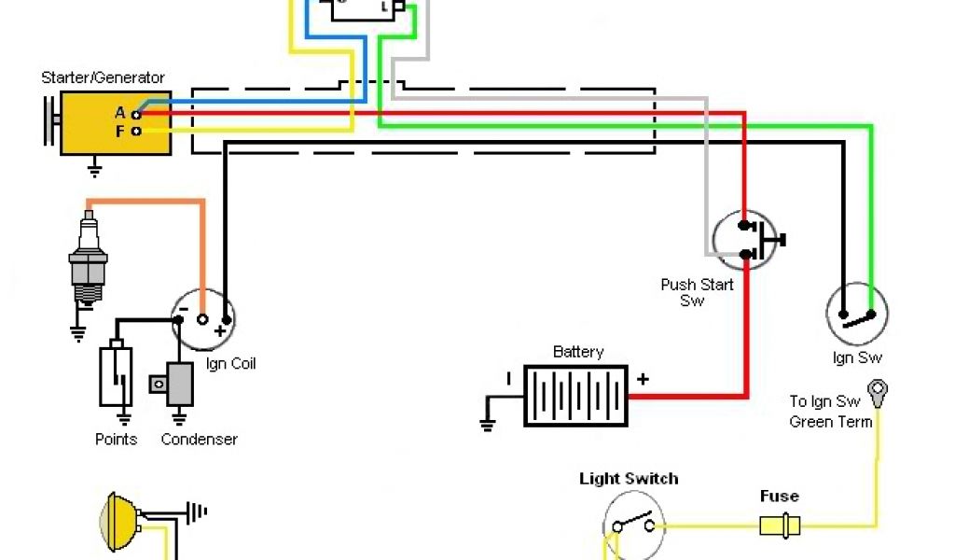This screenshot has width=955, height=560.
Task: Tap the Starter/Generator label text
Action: coord(103,77)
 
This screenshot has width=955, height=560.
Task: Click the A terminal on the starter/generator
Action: coord(136,114)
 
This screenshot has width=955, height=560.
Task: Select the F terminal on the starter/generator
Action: coord(136,132)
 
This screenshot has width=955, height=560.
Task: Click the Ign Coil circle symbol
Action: coord(202,317)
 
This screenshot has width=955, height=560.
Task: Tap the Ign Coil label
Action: coord(230,363)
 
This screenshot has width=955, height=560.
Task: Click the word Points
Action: coord(116,439)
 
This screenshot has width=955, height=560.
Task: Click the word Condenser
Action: coord(199,439)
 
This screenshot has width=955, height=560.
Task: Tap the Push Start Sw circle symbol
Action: coord(744,240)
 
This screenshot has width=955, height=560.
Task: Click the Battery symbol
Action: coord(575,396)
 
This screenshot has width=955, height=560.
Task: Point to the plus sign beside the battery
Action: coord(643,379)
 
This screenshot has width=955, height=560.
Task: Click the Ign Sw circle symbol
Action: coord(857,315)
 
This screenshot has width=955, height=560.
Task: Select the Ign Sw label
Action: coord(857,357)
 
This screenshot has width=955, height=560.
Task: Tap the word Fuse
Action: coord(779,497)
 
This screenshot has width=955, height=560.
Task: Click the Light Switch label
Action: coord(629,479)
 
